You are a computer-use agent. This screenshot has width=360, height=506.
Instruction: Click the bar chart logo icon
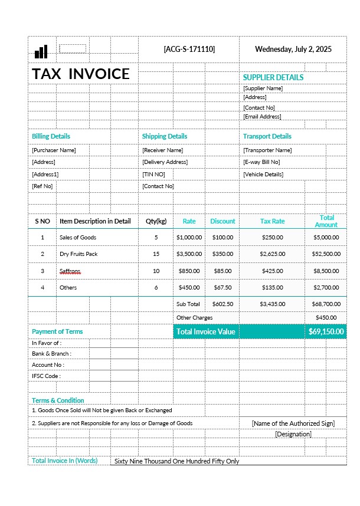[41, 52]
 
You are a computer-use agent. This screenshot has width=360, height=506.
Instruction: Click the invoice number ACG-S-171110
[189, 49]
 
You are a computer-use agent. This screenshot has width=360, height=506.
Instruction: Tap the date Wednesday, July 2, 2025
[293, 49]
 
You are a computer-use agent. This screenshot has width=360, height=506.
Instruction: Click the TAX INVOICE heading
[81, 74]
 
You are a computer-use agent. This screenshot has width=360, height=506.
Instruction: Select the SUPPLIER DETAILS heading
[273, 77]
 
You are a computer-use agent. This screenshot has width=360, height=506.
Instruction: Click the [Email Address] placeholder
[262, 117]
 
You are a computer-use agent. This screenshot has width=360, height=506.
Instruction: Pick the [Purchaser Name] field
[54, 150]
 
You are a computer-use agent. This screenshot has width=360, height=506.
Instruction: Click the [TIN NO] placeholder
[153, 175]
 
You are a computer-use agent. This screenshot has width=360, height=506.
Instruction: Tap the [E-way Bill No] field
[261, 162]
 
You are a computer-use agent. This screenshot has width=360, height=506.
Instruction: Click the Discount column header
[222, 221]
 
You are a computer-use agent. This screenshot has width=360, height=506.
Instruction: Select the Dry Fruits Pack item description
[78, 254]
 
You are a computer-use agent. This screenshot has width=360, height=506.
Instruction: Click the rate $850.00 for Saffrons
[189, 271]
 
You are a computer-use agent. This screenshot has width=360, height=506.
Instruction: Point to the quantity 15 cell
[156, 254]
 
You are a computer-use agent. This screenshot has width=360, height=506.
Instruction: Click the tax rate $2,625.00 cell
[272, 254]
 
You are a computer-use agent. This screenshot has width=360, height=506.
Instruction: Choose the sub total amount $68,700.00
[326, 304]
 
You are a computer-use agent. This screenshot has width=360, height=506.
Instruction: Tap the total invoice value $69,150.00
[326, 331]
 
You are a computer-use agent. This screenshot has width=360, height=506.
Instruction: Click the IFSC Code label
[46, 376]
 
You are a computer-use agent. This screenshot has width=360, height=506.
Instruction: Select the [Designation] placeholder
[293, 434]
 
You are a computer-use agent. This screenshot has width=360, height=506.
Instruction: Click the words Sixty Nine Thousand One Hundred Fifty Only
[176, 461]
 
